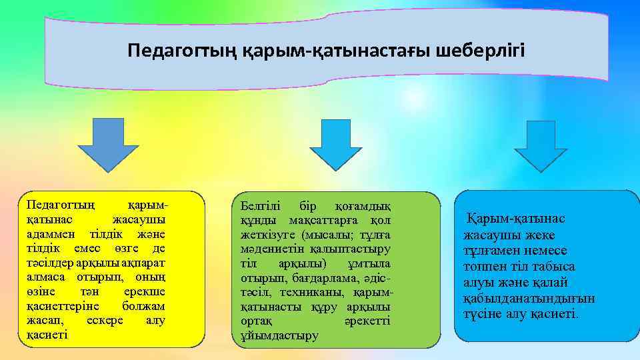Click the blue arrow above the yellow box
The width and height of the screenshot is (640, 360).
pyautogui.click(x=108, y=145)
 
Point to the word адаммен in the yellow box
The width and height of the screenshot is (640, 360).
pyautogui.click(x=49, y=235)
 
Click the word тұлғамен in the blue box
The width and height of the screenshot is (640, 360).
pyautogui.click(x=491, y=250)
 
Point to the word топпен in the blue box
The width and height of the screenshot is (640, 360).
pyautogui.click(x=485, y=266)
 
